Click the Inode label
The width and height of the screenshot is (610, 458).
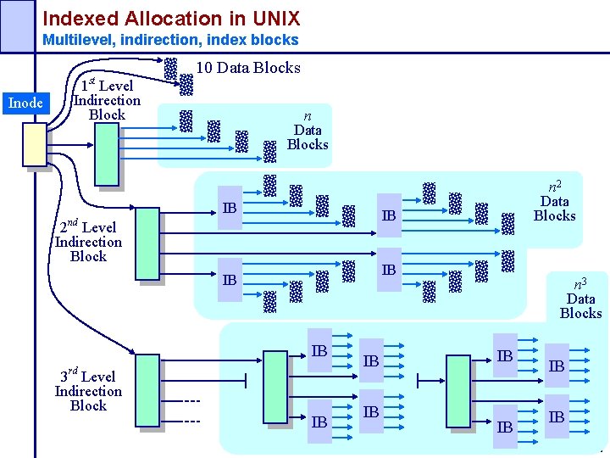(x=25, y=103)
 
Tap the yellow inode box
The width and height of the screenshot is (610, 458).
(x=35, y=144)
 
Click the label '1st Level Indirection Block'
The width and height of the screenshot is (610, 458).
(x=106, y=100)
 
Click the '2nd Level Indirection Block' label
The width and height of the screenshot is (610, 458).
(x=88, y=242)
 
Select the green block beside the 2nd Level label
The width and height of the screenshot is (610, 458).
(x=147, y=243)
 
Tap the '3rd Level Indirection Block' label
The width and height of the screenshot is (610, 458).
(x=88, y=391)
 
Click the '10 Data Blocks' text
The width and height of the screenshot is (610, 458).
(x=248, y=68)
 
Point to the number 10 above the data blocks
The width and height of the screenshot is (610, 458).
(x=204, y=68)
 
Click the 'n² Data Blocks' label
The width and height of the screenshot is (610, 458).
(x=555, y=200)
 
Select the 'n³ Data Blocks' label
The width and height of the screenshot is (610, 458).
(x=581, y=298)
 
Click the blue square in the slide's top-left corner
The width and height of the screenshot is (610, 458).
(x=17, y=25)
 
